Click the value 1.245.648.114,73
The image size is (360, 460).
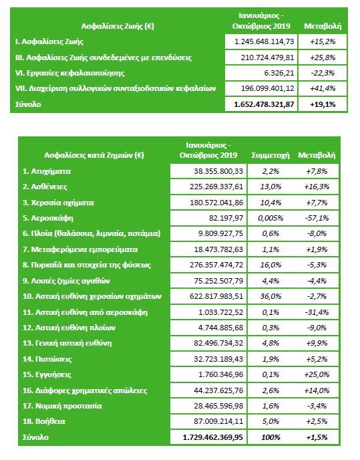tap(264, 41)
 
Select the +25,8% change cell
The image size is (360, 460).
tap(323, 57)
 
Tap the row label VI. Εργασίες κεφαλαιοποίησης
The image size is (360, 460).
tap(69, 73)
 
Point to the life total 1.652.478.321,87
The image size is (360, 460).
tap(264, 104)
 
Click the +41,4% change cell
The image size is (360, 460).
tap(323, 89)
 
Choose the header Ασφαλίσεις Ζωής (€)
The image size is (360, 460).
tap(118, 26)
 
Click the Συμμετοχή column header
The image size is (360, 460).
tap(271, 155)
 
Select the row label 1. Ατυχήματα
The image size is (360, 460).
tap(47, 171)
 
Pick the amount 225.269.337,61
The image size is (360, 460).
tap(216, 187)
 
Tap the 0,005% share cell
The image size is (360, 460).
tap(271, 218)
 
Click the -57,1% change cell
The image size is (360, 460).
tap(317, 218)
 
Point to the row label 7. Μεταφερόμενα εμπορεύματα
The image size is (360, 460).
tap(80, 249)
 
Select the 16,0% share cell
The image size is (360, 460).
tap(271, 265)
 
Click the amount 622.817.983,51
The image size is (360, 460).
tap(216, 297)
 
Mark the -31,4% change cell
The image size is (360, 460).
tap(317, 312)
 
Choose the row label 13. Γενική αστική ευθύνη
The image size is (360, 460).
tap(67, 343)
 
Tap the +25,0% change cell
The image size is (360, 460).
tap(317, 375)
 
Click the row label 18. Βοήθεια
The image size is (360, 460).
tap(44, 422)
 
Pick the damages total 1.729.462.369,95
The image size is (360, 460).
tap(213, 437)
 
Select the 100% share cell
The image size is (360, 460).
tap(271, 437)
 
